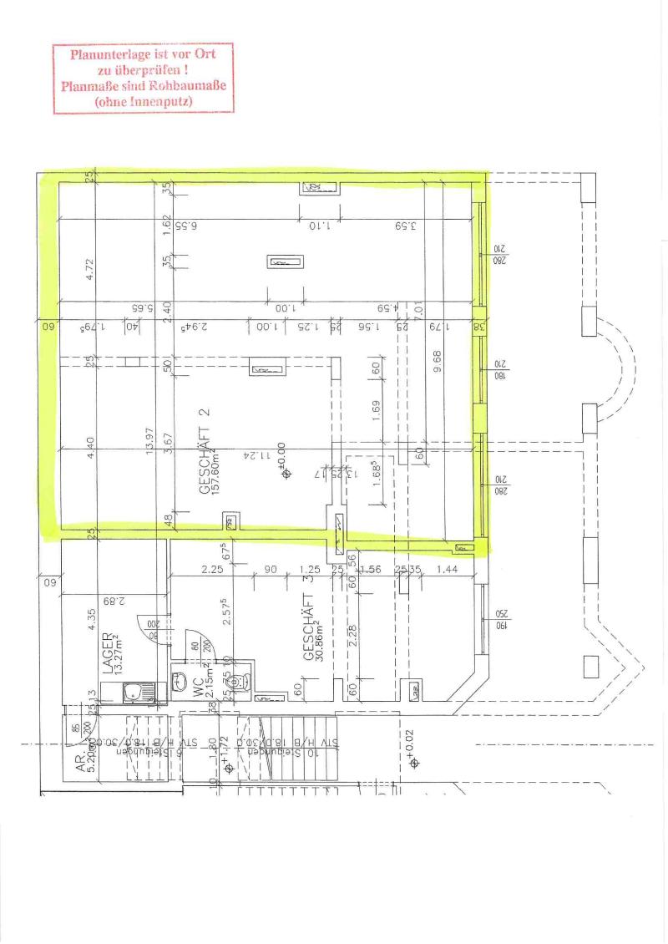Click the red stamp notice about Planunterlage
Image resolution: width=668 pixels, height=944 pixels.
pos(142,79)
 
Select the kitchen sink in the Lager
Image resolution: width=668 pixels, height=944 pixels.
pos(133,693)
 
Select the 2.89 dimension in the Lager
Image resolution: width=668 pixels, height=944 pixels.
pos(109,600)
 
